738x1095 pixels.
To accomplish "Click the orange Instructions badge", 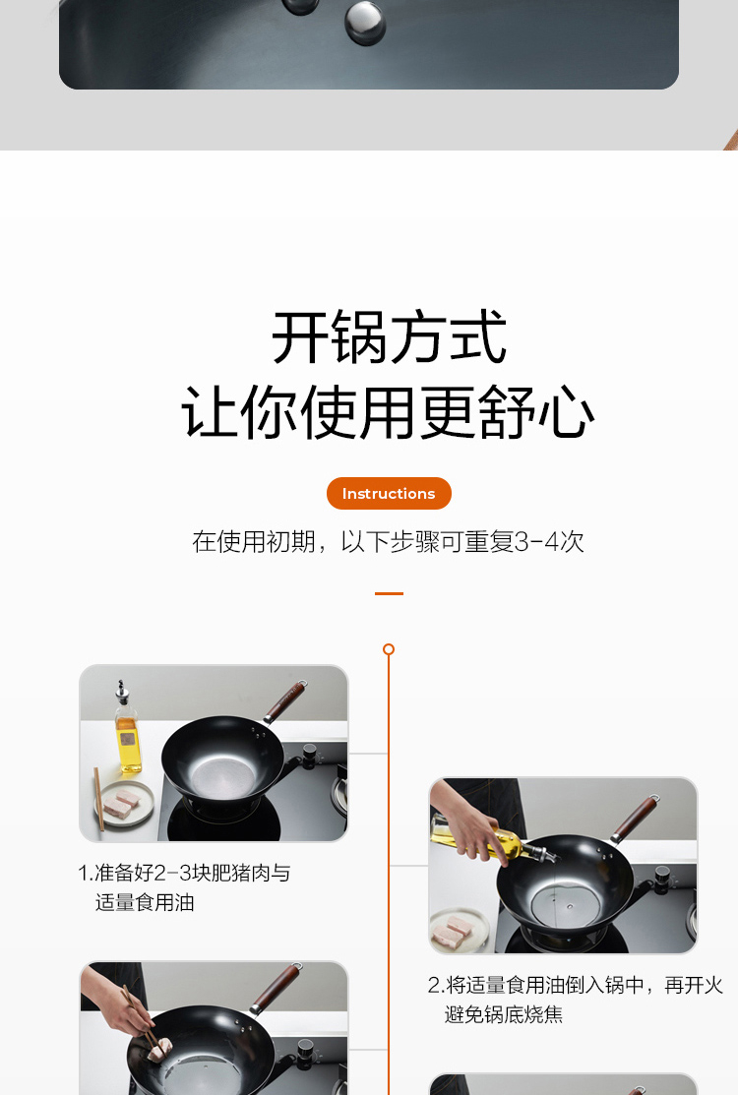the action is [389, 493].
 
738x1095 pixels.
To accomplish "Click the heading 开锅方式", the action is [389, 338].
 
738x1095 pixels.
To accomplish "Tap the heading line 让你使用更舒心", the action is [389, 412].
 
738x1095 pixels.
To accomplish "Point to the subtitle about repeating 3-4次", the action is [389, 541].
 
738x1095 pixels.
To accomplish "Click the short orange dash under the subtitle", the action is [389, 593].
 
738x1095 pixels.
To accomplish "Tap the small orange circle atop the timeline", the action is [389, 649].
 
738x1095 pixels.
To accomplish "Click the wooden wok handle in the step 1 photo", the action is [285, 701].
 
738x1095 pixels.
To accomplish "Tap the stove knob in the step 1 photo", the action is [309, 754].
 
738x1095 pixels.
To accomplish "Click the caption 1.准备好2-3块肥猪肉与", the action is [184, 873].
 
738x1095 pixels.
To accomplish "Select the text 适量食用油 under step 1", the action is [145, 903].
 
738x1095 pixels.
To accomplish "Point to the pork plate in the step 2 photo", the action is [459, 930].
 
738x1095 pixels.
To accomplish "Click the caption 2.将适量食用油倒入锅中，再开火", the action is [576, 985].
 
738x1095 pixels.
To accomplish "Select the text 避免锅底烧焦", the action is [504, 1014].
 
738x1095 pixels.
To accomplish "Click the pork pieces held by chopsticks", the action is [160, 1046].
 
